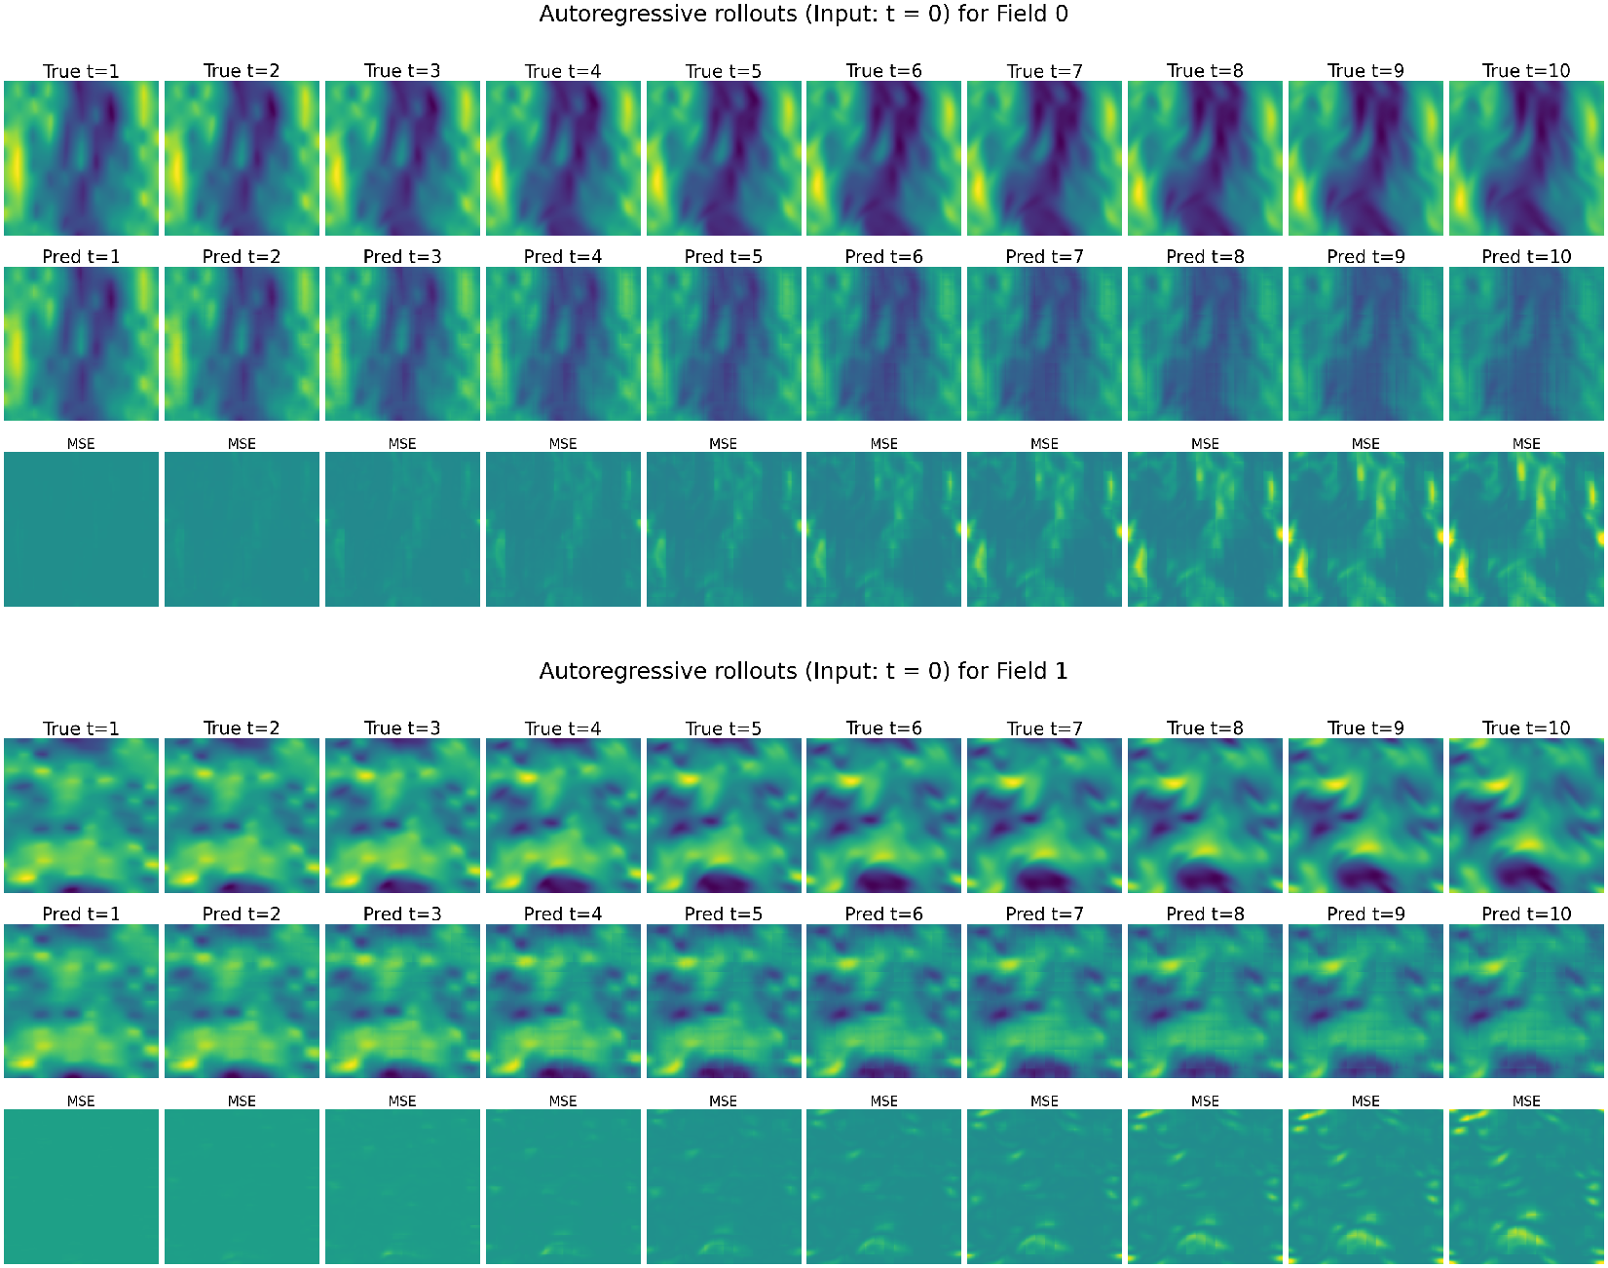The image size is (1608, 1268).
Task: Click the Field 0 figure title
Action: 804,14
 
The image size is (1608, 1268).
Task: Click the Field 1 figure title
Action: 804,671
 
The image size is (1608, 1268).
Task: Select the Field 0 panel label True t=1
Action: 81,71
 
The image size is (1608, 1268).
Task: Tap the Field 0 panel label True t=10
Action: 1526,71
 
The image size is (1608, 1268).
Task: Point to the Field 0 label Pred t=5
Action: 723,257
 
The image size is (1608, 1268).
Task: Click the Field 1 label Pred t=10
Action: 1526,914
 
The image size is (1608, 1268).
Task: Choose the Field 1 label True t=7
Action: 1044,728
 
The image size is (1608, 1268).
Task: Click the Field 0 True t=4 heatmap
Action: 563,158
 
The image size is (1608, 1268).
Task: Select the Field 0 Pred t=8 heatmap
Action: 1205,344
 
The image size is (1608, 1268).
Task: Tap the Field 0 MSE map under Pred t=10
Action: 1526,529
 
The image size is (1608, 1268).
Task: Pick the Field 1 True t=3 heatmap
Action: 402,815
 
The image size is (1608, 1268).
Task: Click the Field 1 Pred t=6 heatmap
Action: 883,1001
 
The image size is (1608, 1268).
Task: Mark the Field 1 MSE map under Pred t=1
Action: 81,1186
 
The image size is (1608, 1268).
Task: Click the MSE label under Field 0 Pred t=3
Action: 402,444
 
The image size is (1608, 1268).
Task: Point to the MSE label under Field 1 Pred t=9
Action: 1365,1101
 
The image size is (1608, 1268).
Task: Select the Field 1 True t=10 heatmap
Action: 1526,815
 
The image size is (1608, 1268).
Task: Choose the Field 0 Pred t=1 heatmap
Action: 81,344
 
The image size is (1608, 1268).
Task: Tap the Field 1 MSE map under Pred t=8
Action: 1205,1186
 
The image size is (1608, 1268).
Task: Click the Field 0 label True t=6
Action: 883,71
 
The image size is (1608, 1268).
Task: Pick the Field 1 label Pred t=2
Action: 242,914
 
